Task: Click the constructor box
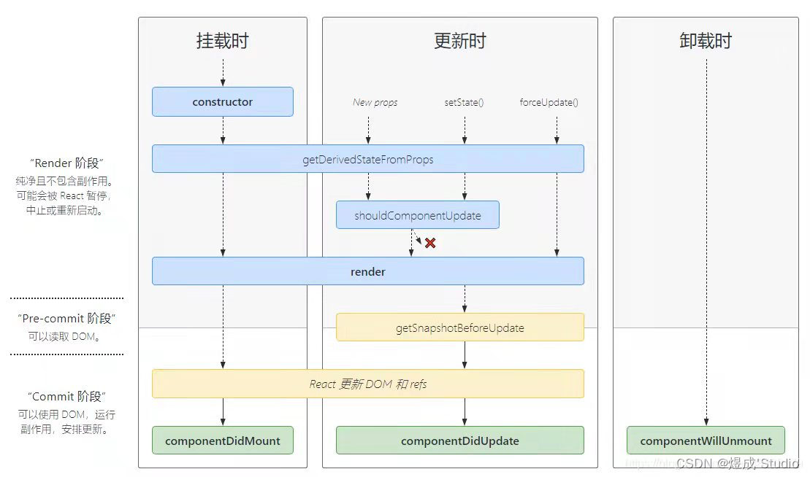223,102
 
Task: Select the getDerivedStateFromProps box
368,159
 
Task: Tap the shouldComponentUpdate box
418,215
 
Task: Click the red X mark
430,243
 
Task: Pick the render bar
368,271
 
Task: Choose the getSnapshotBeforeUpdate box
459,327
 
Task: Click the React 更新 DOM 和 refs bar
368,384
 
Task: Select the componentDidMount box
223,441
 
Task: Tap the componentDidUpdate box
459,441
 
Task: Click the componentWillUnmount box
706,441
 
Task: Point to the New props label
375,102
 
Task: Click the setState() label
464,102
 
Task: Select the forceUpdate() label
549,102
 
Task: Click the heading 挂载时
223,41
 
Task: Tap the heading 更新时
459,41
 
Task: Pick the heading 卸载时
706,41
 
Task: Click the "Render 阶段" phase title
66,163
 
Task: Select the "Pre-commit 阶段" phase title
66,319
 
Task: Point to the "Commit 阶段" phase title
66,396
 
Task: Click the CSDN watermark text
738,463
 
